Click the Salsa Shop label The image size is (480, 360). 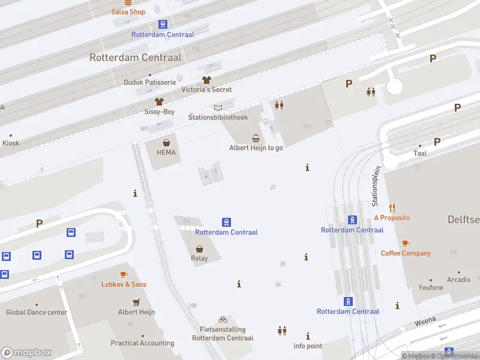[128, 12]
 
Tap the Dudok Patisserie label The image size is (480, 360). [149, 82]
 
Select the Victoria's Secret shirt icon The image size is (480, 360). [206, 80]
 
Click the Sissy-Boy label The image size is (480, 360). [160, 112]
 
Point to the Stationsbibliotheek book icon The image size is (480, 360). [217, 107]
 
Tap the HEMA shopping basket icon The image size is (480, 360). [166, 143]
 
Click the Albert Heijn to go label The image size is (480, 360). [256, 148]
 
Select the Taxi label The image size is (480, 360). [420, 153]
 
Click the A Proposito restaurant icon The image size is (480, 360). [392, 208]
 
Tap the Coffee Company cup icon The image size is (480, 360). [406, 243]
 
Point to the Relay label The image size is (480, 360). [199, 259]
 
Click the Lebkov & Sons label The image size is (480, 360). [124, 284]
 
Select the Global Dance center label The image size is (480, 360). [37, 312]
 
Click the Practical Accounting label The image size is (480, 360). [142, 343]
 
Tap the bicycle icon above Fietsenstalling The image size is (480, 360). [223, 320]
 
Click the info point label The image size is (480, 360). [308, 346]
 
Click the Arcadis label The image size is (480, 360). [458, 280]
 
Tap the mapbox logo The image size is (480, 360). [26, 353]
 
